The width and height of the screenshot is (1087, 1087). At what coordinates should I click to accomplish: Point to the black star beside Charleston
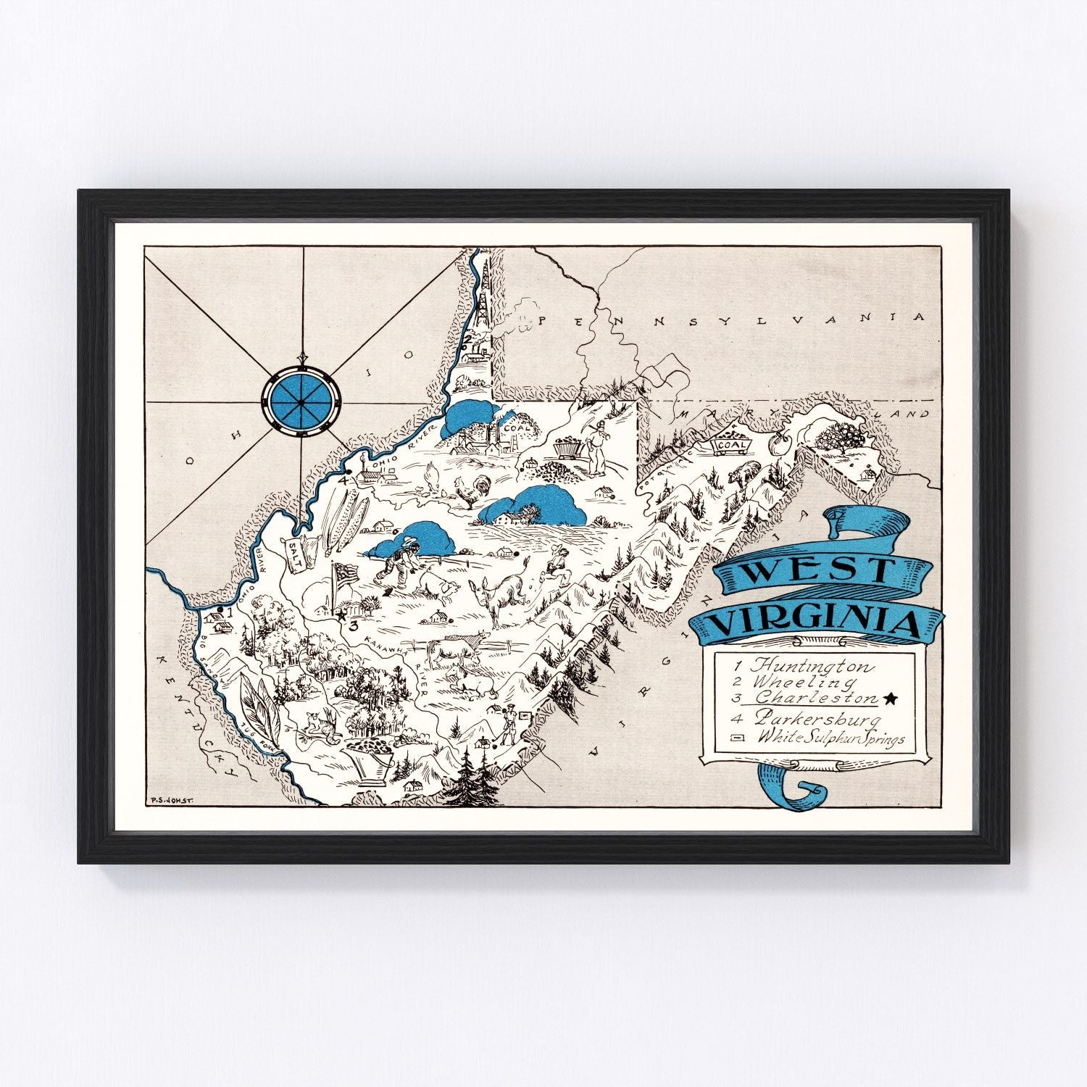click(891, 699)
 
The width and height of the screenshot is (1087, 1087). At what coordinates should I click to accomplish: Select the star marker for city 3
click(341, 615)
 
